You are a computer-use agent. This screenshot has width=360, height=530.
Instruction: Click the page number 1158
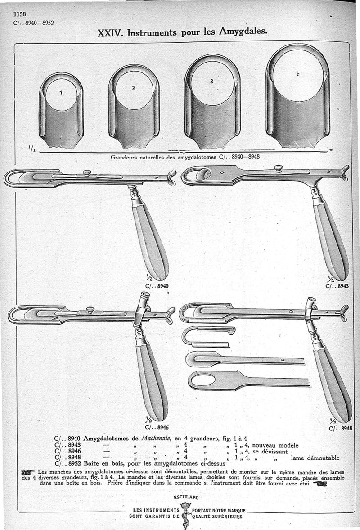(20, 14)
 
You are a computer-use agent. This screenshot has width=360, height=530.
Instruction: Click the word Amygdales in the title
(243, 32)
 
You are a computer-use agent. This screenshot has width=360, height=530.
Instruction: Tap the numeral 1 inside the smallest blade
(61, 93)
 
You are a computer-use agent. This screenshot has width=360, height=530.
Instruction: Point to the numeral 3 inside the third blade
(211, 81)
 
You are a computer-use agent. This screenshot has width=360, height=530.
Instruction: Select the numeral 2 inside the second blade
(134, 87)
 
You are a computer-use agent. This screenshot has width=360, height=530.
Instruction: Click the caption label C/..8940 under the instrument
(157, 286)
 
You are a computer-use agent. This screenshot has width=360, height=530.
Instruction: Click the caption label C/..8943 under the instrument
(337, 286)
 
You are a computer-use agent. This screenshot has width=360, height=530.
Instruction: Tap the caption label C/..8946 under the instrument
(157, 427)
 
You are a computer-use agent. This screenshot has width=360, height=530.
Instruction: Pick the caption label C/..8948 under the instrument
(340, 429)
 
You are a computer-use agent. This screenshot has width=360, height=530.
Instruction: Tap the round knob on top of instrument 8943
(278, 168)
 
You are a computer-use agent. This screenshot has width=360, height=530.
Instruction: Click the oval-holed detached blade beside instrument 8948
(249, 381)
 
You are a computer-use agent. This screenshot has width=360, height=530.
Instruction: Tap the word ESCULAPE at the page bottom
(186, 497)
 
